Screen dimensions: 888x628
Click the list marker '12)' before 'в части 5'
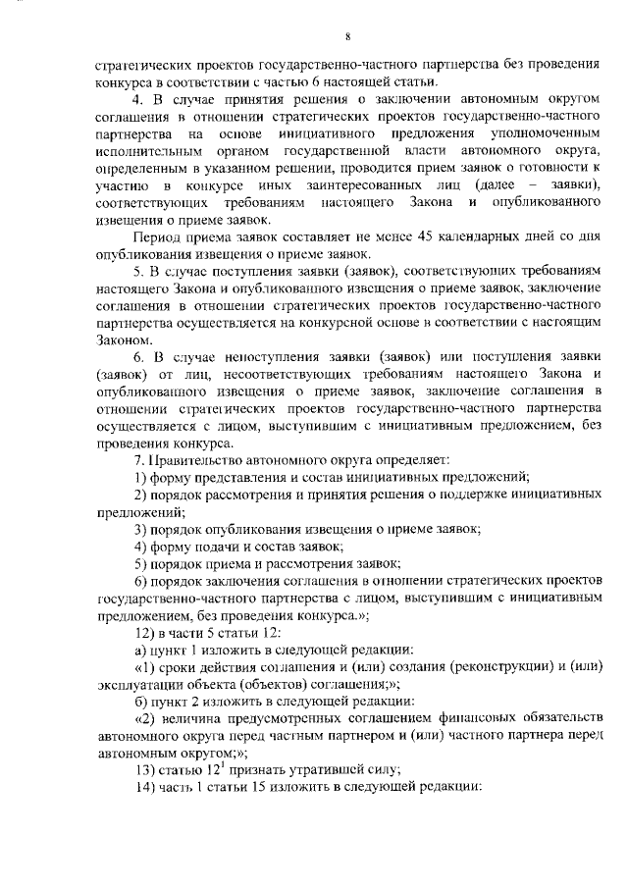coord(144,632)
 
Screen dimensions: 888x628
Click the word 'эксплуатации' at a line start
coord(136,684)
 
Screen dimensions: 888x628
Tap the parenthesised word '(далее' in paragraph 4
coord(497,185)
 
